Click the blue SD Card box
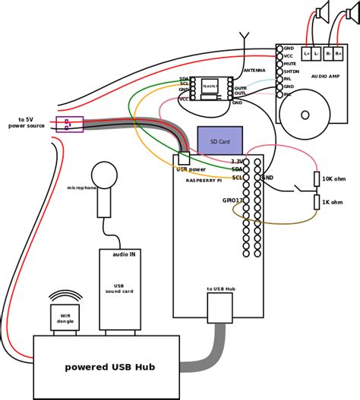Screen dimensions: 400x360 [219, 141]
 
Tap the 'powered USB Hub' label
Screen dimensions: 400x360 [109, 367]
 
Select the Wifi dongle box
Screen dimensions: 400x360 [65, 317]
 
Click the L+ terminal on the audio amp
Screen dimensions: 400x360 [307, 53]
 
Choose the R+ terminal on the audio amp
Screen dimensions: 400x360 [338, 53]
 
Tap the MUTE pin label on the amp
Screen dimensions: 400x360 [289, 64]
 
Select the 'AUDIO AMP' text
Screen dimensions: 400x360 [326, 77]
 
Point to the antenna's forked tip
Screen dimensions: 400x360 [245, 35]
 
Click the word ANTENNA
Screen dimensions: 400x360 [254, 71]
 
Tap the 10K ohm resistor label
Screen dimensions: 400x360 [333, 178]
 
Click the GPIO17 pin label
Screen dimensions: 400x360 [232, 200]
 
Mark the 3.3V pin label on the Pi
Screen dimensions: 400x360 [237, 162]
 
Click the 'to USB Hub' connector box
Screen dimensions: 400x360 [219, 307]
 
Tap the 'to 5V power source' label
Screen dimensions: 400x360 [27, 122]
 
